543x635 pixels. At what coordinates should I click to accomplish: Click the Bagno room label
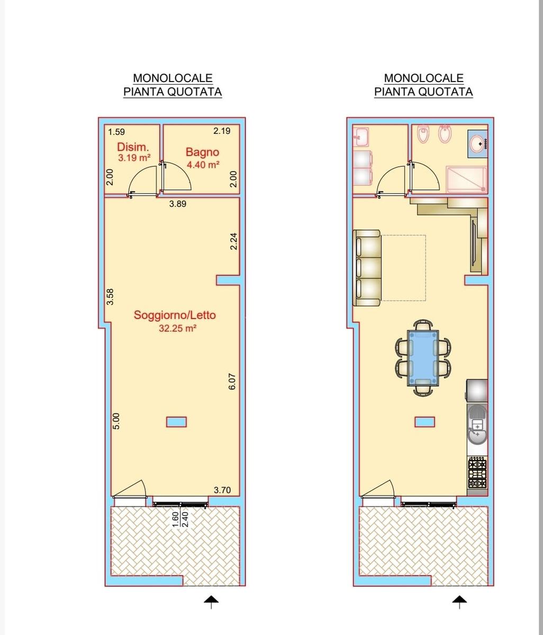202,152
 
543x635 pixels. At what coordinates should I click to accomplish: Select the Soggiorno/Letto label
175,315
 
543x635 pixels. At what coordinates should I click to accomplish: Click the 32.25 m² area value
177,329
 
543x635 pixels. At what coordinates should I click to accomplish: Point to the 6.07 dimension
232,381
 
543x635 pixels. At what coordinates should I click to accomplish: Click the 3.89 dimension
178,204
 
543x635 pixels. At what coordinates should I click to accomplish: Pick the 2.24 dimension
233,241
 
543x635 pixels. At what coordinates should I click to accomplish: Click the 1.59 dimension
116,132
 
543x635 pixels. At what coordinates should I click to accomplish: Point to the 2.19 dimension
222,131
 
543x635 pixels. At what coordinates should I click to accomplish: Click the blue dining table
423,358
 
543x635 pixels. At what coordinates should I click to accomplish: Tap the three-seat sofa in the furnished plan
367,268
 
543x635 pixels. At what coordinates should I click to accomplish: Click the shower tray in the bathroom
466,180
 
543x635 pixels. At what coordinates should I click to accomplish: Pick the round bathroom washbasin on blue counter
478,143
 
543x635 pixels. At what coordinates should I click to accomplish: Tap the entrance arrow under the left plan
211,601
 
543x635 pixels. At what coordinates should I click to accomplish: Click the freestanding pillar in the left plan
176,422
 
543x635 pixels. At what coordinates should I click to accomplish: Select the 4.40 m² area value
203,165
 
